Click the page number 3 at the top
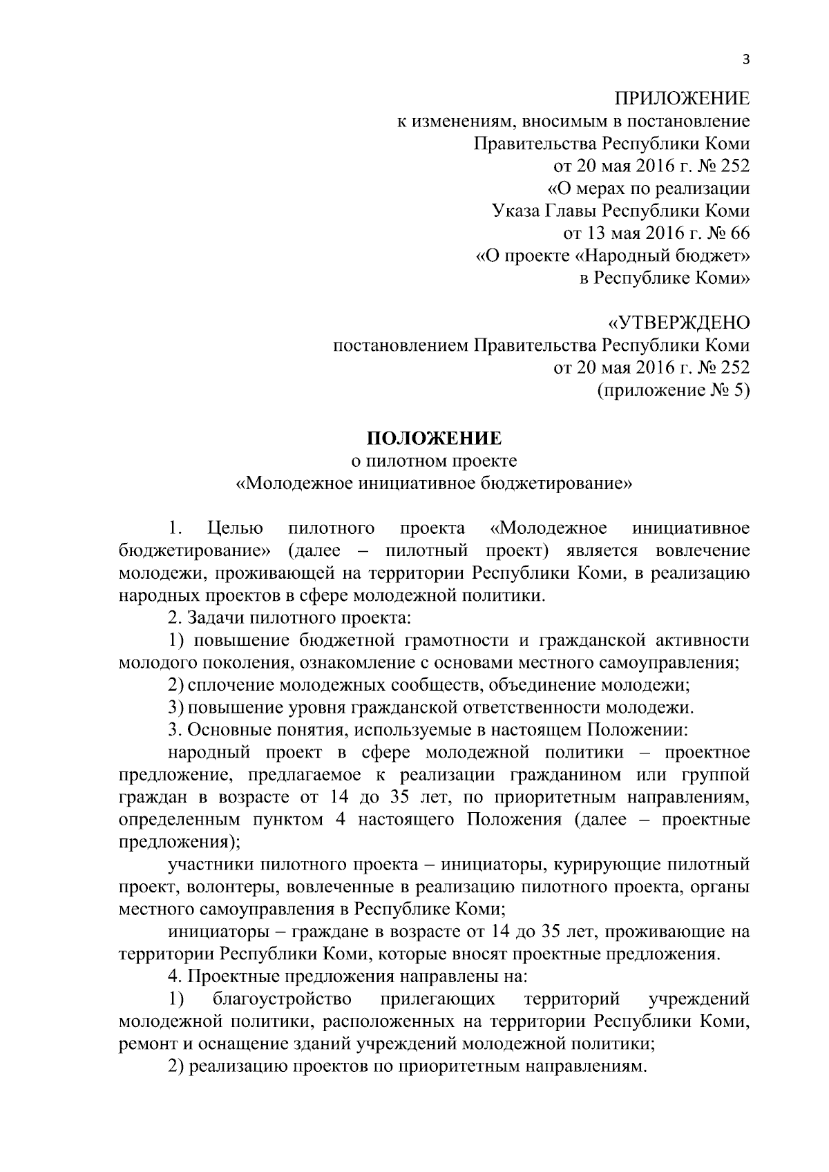(x=745, y=59)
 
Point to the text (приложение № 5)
(x=672, y=391)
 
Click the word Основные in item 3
(x=229, y=729)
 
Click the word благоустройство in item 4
(x=283, y=999)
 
